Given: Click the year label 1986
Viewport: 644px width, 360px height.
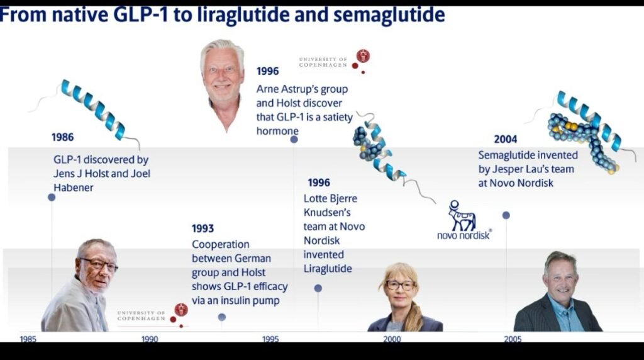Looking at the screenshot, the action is pos(62,137).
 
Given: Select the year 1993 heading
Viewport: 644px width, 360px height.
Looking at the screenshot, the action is pos(203,228).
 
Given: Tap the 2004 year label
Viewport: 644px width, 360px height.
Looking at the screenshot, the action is pos(505,139).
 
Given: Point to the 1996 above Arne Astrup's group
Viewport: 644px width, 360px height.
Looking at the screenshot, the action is pos(267,71).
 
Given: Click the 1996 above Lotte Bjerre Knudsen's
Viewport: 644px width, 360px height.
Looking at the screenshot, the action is pos(319,183).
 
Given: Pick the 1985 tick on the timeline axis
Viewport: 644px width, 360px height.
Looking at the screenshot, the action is pos(28,339).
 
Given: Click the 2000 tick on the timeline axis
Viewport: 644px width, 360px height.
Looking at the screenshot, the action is pos(392,339).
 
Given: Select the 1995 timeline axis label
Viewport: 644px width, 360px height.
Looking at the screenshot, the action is pos(270,339).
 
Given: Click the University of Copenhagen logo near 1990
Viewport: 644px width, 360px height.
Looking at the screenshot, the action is pos(152,315).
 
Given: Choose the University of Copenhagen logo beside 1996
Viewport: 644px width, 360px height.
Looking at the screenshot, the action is pos(335,62).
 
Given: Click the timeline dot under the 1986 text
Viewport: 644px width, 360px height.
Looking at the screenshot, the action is pos(52,197).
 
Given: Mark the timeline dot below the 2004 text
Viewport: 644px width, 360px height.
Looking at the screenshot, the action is pos(506,215).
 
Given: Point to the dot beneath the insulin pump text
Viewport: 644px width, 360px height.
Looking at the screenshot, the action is pos(222,317).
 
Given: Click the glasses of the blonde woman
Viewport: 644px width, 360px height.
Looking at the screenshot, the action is pos(401,285).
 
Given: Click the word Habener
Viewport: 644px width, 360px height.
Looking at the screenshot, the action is pos(74,188).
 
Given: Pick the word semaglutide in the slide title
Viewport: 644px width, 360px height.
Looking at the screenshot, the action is pos(389,15).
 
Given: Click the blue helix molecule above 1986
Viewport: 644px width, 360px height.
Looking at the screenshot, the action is pos(93,109).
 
